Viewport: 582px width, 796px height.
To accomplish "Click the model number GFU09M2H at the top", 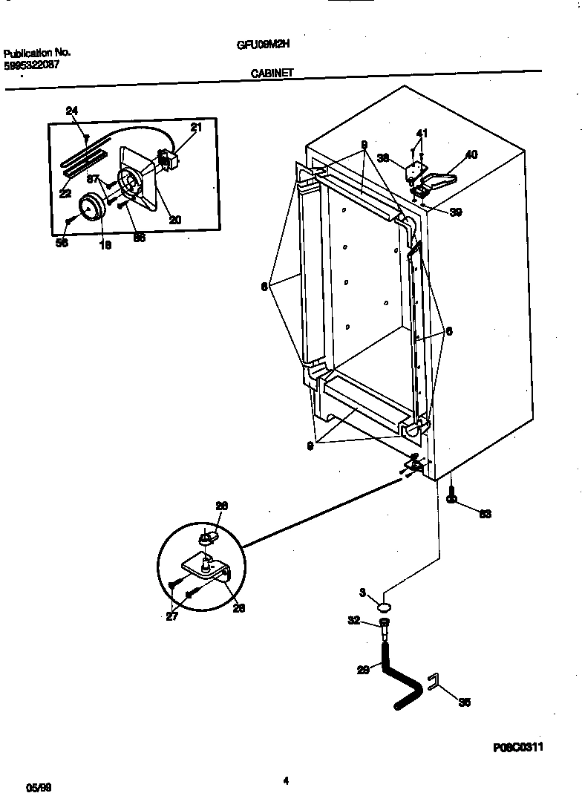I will (263, 44).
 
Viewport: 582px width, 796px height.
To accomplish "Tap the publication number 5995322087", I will (33, 65).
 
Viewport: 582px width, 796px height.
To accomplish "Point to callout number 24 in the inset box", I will (71, 111).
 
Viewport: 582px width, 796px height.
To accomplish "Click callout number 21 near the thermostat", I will (195, 128).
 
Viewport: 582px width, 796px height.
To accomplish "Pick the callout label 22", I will (65, 194).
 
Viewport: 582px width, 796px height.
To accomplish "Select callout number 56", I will (62, 242).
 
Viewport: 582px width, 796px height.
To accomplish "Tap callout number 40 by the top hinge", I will (471, 155).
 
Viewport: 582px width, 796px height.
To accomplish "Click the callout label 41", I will (422, 134).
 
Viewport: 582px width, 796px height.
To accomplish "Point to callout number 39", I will (455, 212).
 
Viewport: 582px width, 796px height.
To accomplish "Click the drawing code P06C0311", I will (517, 748).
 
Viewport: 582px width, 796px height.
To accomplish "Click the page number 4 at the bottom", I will (286, 780).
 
